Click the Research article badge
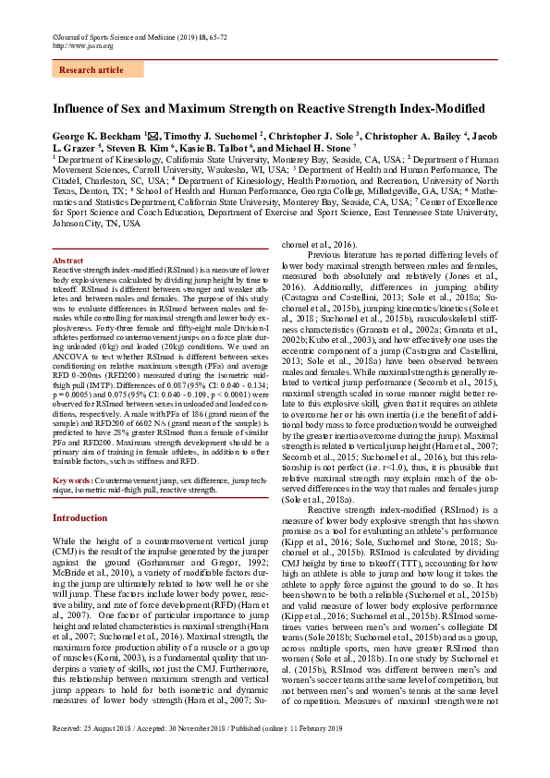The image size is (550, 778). [91, 69]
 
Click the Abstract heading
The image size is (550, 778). [67, 261]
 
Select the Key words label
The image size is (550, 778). [71, 480]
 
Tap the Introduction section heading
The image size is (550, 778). [79, 518]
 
